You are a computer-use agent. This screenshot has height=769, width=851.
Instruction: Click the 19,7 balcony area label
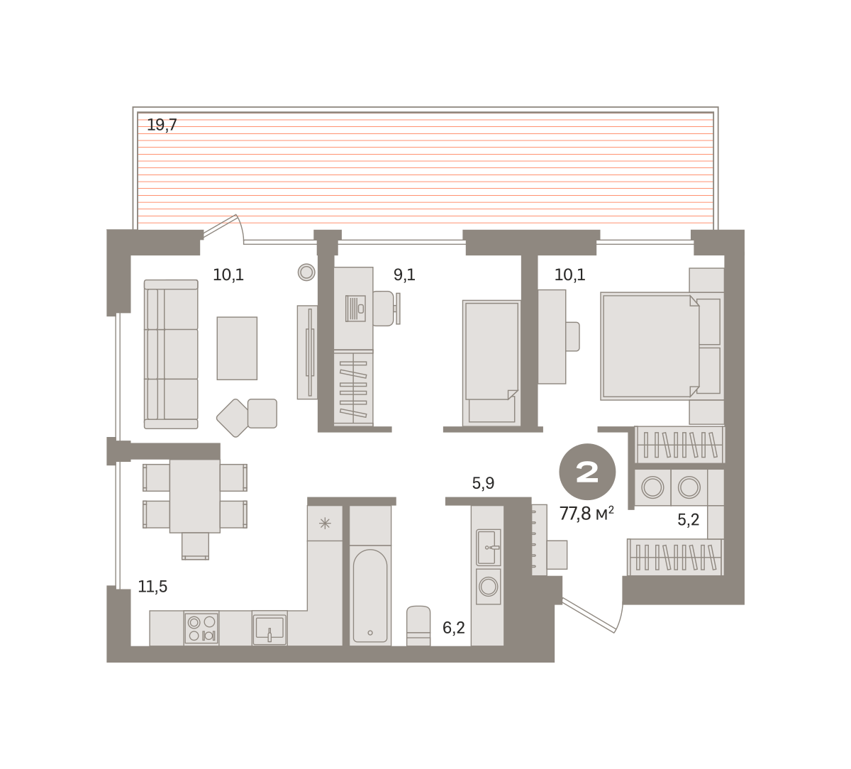pos(162,125)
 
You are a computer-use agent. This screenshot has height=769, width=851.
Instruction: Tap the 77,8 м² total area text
pos(586,514)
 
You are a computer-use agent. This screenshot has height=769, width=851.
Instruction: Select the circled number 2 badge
pos(587,472)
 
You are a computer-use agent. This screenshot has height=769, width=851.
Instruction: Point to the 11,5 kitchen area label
pos(152,587)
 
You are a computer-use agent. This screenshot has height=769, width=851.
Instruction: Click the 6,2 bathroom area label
pos(453,628)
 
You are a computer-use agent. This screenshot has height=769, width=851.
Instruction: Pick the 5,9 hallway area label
pos(483,483)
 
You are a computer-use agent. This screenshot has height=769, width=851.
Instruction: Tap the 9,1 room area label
pos(404,275)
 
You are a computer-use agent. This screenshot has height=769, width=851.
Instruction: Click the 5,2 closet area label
pos(688,519)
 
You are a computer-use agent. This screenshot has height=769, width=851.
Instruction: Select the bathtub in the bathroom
pos(370,596)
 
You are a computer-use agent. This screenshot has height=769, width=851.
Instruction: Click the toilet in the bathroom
pos(418,626)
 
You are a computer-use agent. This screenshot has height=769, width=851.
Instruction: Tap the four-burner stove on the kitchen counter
pos(201,629)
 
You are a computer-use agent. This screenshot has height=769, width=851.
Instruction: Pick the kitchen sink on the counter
pos(269,628)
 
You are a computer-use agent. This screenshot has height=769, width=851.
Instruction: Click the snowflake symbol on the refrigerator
pos(325,524)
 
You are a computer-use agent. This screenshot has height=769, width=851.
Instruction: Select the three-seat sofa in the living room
pos(171,355)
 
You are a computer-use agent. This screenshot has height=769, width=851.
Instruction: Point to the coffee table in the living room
pos(237,348)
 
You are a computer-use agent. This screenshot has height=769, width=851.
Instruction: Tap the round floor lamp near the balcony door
pos(306,272)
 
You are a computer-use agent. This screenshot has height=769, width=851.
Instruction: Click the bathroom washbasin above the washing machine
pos(489,548)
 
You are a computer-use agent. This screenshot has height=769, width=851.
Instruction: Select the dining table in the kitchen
pos(195,496)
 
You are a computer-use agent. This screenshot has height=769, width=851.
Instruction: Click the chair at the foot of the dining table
pos(195,546)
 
